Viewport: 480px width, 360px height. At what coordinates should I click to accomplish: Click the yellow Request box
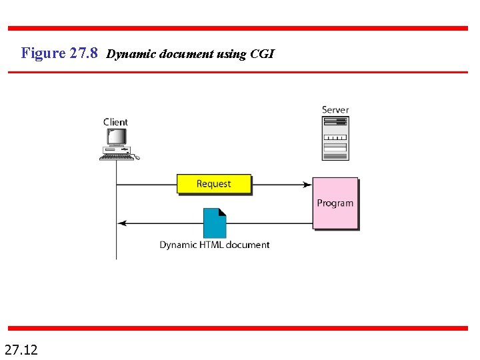(214, 184)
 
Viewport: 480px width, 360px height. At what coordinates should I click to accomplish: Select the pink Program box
(335, 203)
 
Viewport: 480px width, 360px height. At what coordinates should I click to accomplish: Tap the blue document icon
(215, 223)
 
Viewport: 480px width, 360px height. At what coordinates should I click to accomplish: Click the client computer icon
(117, 143)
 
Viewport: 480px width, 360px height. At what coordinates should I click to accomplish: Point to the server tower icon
(335, 139)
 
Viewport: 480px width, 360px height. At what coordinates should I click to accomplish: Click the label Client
(116, 122)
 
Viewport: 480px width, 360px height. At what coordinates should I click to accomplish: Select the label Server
(335, 110)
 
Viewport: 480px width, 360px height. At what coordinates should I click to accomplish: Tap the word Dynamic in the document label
(179, 245)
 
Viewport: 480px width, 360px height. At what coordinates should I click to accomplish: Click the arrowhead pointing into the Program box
(308, 184)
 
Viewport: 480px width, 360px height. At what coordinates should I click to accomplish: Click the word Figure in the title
(43, 53)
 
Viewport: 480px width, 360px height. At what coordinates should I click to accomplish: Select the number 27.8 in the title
(83, 53)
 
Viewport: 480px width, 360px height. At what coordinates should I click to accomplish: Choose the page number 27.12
(21, 348)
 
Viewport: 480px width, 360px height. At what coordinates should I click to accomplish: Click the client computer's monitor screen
(117, 136)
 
